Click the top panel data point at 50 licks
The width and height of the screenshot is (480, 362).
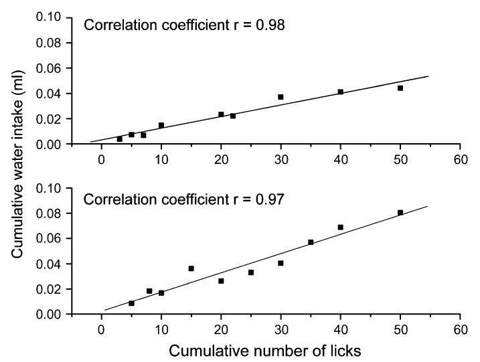tap(400, 88)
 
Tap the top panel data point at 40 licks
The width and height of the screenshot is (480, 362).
tap(341, 92)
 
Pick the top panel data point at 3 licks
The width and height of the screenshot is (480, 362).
tap(119, 139)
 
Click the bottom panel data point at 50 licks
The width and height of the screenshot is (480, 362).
tap(400, 213)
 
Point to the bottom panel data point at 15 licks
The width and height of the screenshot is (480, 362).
tap(191, 268)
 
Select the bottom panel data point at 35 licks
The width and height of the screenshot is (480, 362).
tap(311, 242)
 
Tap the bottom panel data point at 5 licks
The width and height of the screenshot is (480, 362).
tap(131, 303)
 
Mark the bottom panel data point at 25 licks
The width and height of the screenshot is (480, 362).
tap(251, 272)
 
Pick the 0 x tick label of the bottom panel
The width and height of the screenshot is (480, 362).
tap(101, 329)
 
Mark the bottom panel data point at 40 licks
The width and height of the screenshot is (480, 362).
tap(341, 228)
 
